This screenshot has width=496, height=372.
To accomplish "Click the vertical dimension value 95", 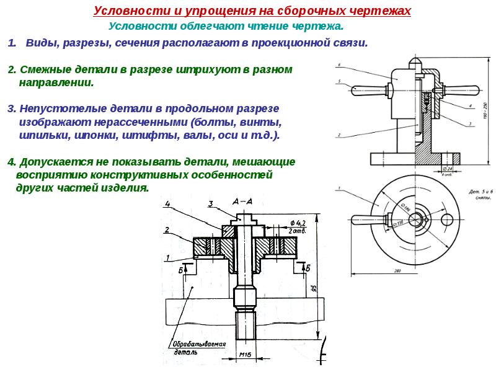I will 314,288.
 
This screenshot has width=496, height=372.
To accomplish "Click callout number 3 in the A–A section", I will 210,204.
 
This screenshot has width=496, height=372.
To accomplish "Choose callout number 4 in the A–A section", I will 168,203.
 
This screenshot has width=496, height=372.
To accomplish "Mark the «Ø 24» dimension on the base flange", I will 448,168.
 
